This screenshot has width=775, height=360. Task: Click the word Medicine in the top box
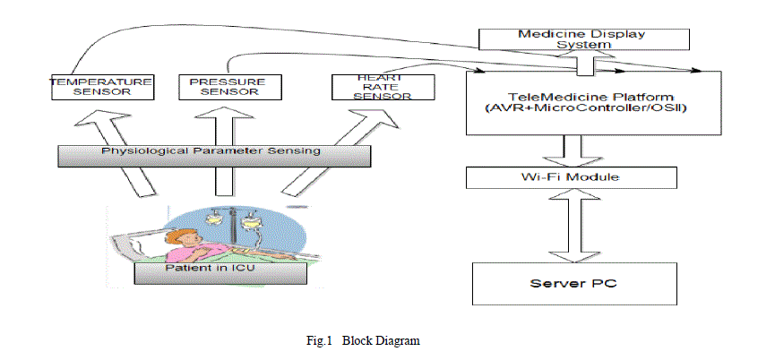click(547, 34)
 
